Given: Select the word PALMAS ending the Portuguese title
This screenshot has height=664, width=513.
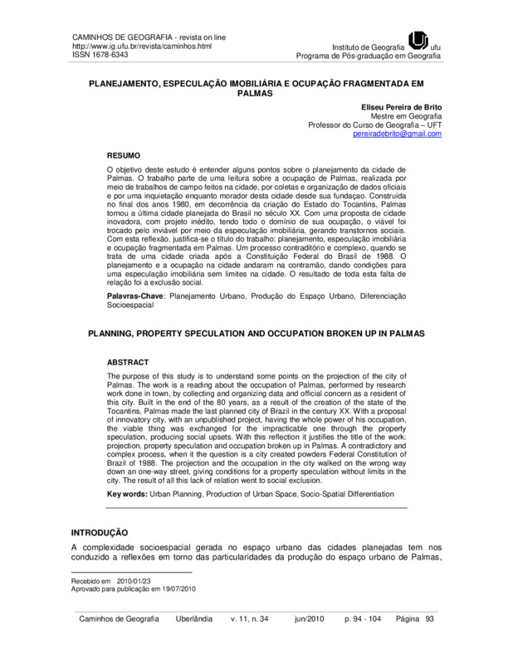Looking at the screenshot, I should pyautogui.click(x=256, y=95).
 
